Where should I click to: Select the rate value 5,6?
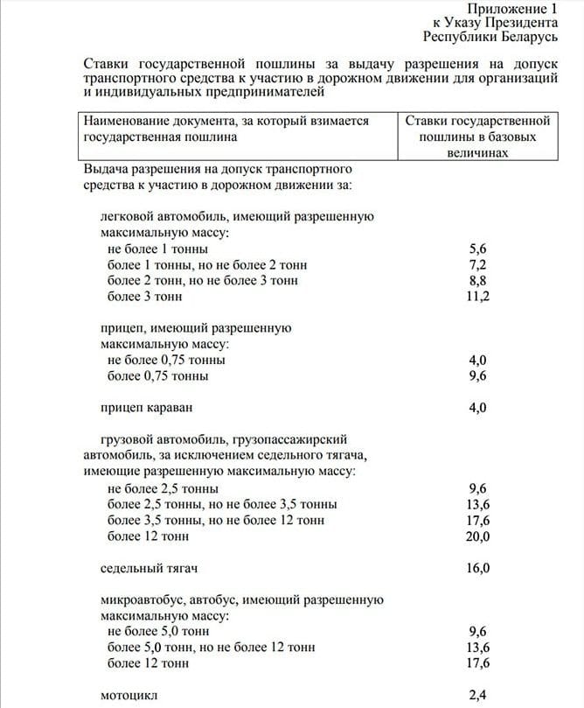click(x=478, y=249)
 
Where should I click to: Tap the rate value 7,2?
click(x=478, y=264)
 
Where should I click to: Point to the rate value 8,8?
click(x=478, y=281)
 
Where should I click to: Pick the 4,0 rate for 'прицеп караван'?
click(x=478, y=408)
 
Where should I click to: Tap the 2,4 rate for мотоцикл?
click(x=478, y=696)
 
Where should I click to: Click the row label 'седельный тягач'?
click(x=149, y=568)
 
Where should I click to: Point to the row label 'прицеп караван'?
click(x=146, y=408)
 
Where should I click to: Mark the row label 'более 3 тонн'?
click(x=144, y=297)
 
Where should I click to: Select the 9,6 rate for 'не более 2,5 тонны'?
click(x=478, y=488)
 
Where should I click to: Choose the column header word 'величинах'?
click(x=477, y=153)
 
